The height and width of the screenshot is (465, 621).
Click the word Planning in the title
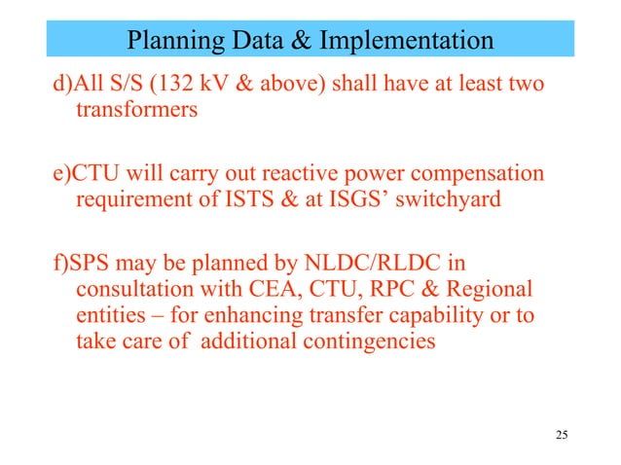[174, 41]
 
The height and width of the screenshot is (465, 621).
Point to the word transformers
[135, 110]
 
